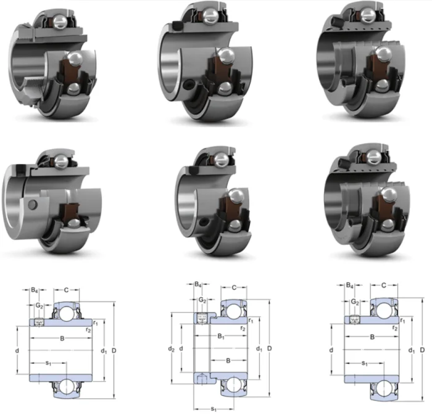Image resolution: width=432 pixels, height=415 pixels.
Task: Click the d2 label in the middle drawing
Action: click(171, 349)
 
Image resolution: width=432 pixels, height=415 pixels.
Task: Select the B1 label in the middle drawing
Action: click(221, 336)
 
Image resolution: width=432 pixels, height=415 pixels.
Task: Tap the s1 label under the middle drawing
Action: click(214, 409)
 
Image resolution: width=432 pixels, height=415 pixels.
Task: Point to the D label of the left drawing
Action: click(114, 350)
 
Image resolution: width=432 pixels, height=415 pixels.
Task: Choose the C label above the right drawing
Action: click(383, 286)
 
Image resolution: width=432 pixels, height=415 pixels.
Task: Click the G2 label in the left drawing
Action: click(39, 305)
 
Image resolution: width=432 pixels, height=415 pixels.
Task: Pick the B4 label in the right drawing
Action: click(350, 286)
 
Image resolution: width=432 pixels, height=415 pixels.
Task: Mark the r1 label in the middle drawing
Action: click(251, 320)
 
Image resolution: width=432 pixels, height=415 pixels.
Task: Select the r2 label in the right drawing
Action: click(395, 328)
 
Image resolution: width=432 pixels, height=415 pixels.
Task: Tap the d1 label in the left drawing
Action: click(104, 351)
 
